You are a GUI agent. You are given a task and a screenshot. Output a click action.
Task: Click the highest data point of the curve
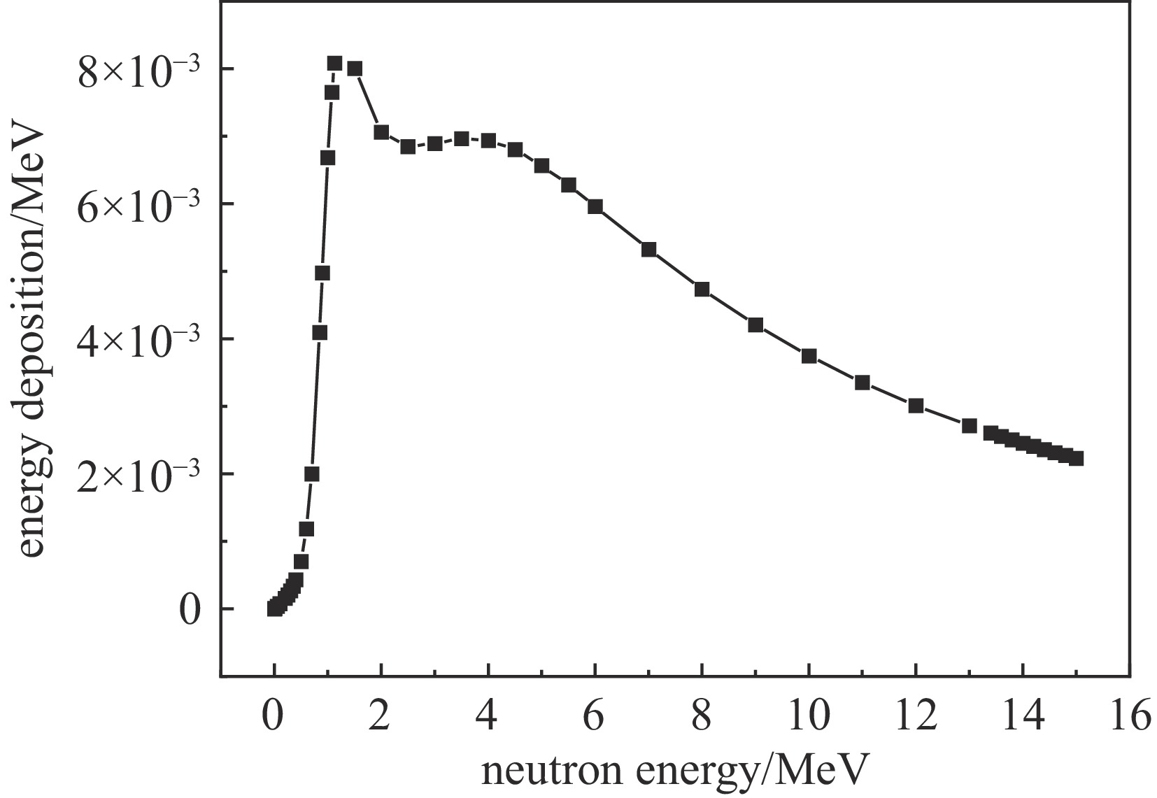click(334, 64)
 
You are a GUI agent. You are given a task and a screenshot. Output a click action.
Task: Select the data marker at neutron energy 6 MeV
click(595, 206)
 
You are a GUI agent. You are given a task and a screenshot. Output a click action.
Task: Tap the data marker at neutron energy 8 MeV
click(702, 289)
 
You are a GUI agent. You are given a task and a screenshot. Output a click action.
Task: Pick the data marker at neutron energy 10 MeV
click(809, 356)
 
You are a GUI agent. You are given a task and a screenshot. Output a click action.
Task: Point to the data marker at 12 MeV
click(916, 406)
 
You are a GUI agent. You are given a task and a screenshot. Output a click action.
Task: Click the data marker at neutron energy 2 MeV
click(381, 131)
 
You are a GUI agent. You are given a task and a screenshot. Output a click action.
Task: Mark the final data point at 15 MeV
click(1077, 458)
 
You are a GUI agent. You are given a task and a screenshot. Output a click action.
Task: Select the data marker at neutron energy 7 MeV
click(649, 249)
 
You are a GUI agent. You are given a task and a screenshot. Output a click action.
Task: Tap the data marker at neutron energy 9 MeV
click(755, 325)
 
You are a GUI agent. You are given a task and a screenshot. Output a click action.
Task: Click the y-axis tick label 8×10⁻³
click(139, 71)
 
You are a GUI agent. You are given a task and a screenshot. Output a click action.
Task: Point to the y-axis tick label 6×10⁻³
click(139, 206)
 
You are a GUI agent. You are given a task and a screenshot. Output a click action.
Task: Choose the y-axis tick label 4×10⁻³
click(139, 341)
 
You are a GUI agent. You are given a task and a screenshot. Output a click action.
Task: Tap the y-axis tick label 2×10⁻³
click(139, 476)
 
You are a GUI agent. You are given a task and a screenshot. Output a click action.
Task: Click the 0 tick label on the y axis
click(190, 611)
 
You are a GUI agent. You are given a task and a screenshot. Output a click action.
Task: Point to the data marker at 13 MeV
click(970, 426)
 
